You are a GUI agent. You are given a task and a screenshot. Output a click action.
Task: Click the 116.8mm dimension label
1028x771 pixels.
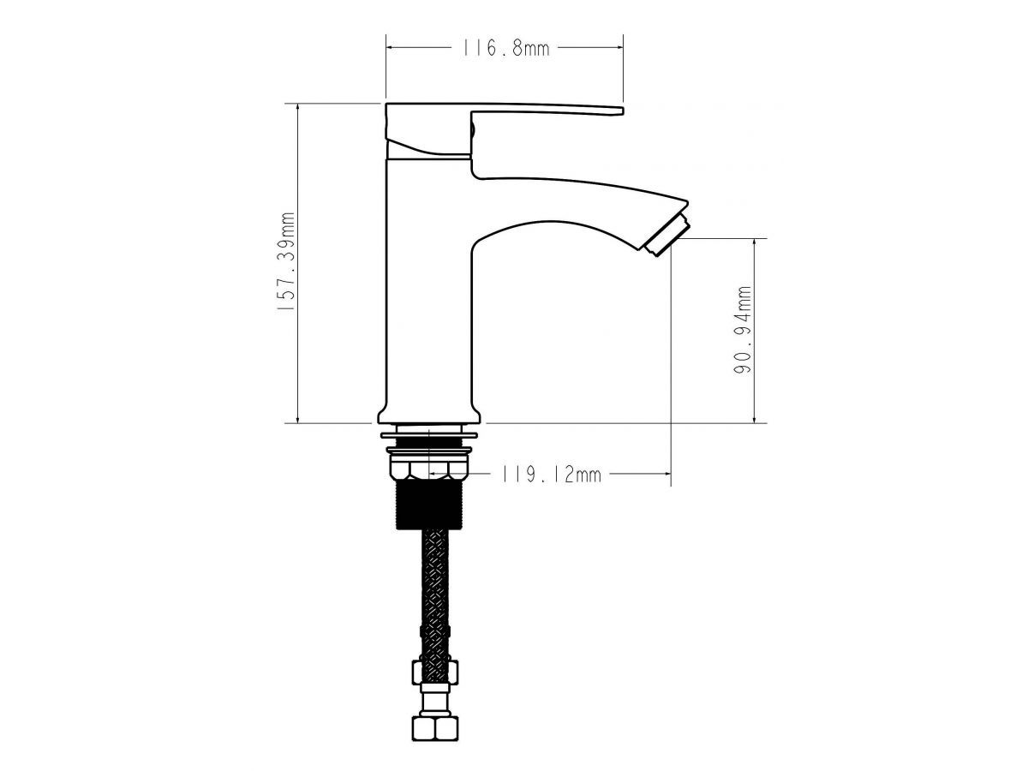[505, 48]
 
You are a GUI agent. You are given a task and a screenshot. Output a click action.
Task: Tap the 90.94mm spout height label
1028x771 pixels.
[743, 330]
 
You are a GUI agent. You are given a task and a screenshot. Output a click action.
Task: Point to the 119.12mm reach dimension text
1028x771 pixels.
[551, 475]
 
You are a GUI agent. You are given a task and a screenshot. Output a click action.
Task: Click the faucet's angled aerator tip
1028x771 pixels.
[666, 236]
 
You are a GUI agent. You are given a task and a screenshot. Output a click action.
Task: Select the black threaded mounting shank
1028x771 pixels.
[429, 505]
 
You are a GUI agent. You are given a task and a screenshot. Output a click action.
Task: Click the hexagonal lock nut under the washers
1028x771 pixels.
[429, 469]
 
